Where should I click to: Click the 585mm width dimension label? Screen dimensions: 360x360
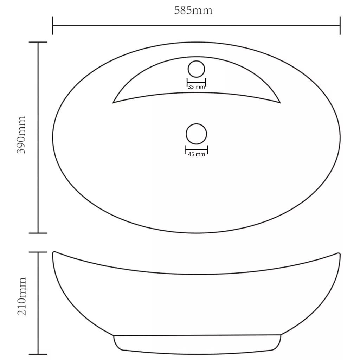tap(193, 10)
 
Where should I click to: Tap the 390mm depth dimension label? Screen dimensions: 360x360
tap(21, 135)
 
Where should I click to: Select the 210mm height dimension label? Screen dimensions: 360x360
tap(22, 296)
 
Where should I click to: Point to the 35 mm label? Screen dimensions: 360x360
tap(196, 87)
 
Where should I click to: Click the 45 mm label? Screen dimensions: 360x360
tap(197, 154)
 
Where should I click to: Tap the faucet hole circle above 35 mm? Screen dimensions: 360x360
tap(196, 60)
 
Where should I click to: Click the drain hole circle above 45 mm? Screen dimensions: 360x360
tap(196, 124)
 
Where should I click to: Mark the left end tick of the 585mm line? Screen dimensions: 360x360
tap(53, 25)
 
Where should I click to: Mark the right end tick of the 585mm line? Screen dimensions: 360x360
tap(340, 25)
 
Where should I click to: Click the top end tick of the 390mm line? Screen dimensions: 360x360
tap(38, 42)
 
